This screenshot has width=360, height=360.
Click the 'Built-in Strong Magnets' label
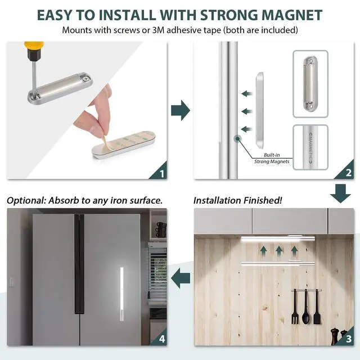276,158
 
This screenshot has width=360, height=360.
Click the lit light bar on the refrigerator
122,294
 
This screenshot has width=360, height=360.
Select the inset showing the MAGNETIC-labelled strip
318,147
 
